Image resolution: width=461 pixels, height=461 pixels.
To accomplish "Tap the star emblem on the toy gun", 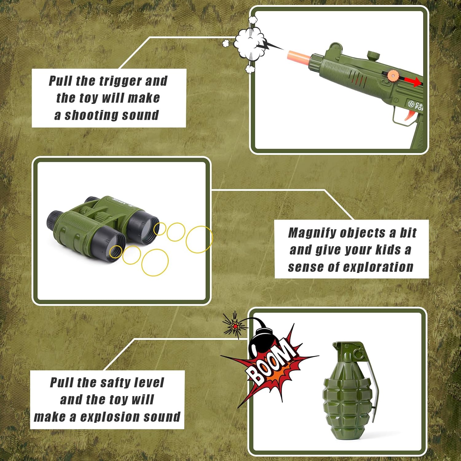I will [411, 104].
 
